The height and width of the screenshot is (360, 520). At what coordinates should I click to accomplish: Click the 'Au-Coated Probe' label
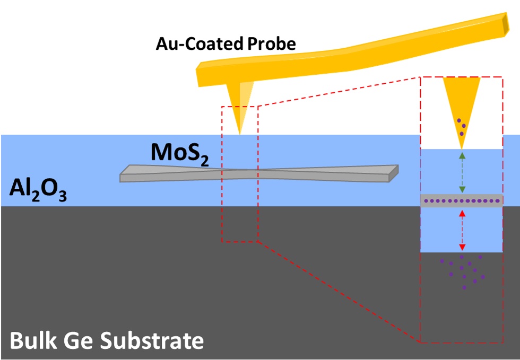tap(226, 43)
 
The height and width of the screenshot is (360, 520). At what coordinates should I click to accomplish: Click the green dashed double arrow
tap(462, 172)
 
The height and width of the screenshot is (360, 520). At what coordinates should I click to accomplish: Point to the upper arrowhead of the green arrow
tap(462, 155)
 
